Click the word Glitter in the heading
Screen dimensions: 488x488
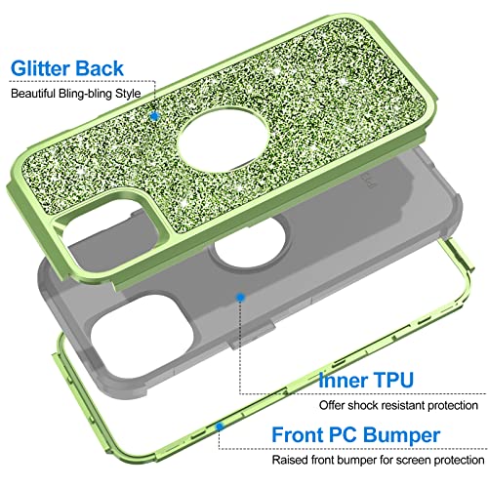pos(40,68)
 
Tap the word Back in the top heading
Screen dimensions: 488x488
pos(99,68)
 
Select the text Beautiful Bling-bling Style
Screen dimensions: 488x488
pos(76,94)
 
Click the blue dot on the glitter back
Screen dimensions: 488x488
pos(155,116)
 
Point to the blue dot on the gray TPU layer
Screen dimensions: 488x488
pos(240,297)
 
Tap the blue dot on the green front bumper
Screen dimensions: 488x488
pos(221,427)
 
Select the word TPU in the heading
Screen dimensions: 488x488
pos(392,380)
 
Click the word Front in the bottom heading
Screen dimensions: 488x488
pos(298,434)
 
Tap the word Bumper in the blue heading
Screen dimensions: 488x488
pos(401,435)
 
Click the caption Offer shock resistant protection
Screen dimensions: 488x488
pos(398,405)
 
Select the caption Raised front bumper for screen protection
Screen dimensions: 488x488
pos(378,460)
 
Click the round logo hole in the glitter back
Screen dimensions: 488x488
pos(224,141)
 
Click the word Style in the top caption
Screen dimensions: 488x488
pos(128,94)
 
